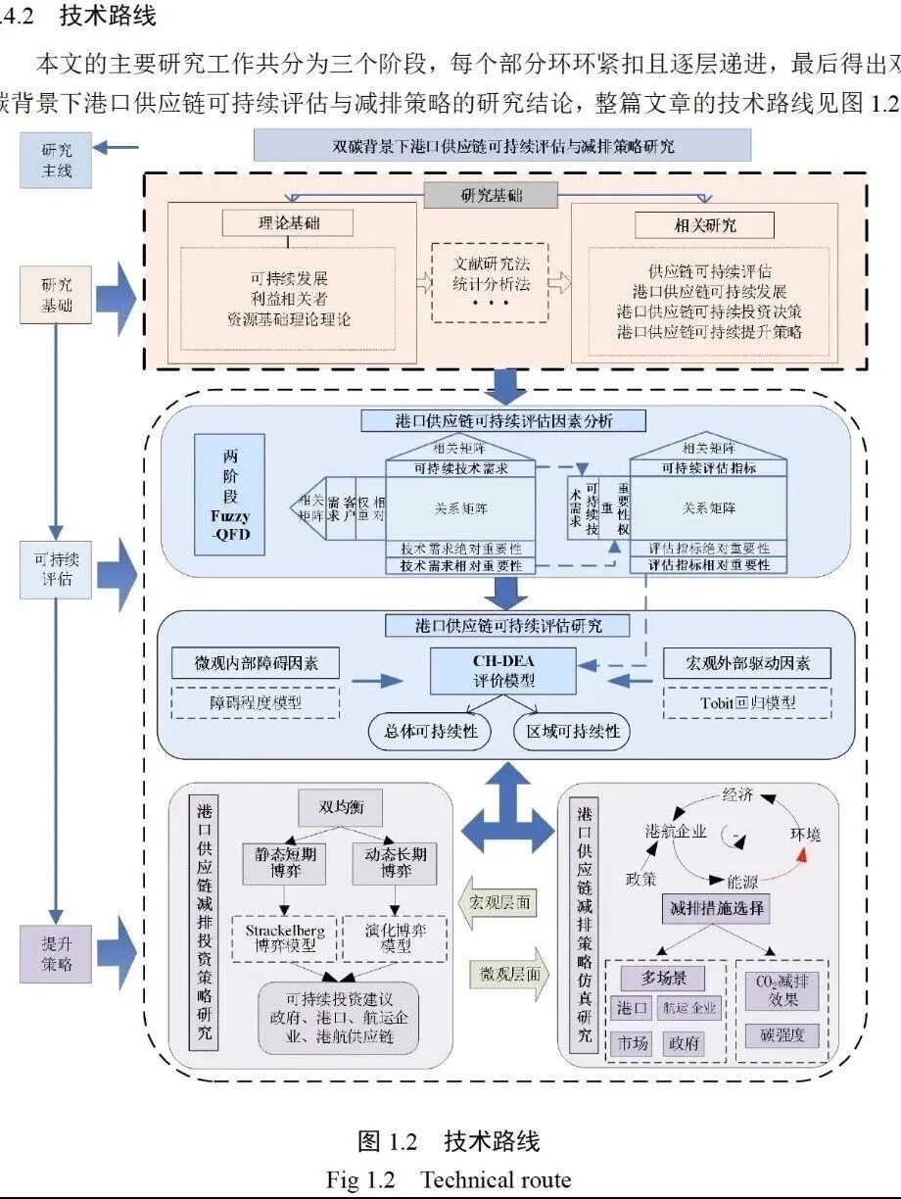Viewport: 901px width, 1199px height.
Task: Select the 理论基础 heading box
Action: tap(278, 223)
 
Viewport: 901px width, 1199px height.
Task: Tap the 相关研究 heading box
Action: tap(704, 225)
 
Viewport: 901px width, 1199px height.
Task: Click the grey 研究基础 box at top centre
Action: tap(491, 195)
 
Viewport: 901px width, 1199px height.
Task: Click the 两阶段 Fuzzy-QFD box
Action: tap(230, 494)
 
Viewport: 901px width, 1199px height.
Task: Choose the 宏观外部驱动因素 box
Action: tap(746, 663)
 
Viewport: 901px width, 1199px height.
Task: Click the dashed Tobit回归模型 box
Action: tap(746, 701)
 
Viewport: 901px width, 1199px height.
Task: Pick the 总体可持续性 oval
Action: tap(429, 732)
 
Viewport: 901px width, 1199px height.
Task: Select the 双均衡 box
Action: tap(340, 808)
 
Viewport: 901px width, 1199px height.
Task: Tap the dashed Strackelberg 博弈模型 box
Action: tap(284, 937)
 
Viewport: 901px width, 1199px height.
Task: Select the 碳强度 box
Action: tap(782, 1034)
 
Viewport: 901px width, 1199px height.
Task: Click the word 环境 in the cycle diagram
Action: tap(805, 835)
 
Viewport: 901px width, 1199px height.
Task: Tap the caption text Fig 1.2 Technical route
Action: tap(449, 1179)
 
